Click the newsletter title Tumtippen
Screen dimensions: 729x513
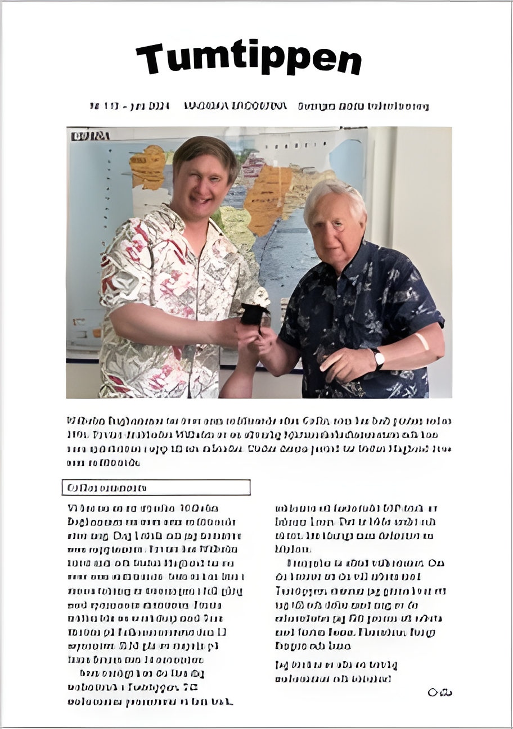click(249, 58)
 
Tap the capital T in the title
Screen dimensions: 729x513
click(150, 58)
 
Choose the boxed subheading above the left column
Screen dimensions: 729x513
click(156, 487)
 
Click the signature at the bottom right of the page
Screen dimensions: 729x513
click(440, 692)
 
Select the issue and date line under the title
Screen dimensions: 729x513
click(259, 106)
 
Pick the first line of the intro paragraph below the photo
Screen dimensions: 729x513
click(259, 421)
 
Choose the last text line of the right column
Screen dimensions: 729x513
click(332, 678)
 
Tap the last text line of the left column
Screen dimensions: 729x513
click(150, 701)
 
